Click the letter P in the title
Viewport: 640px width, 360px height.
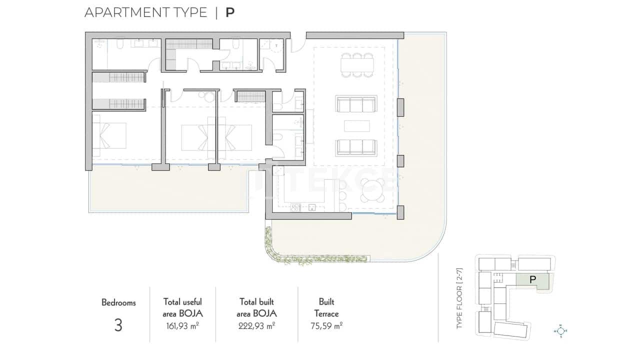(x=229, y=12)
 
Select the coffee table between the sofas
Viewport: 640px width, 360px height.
(x=357, y=125)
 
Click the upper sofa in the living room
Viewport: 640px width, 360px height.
(x=356, y=105)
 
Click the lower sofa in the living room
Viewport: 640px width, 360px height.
(x=356, y=146)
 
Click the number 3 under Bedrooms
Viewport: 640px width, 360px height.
(x=118, y=325)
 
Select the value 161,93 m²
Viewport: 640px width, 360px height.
(x=182, y=326)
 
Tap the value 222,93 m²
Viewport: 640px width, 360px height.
(x=256, y=326)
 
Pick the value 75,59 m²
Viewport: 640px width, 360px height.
(x=326, y=326)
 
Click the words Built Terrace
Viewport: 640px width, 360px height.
(x=326, y=308)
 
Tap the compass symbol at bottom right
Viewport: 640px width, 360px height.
(x=561, y=330)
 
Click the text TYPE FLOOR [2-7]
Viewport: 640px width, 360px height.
(x=460, y=298)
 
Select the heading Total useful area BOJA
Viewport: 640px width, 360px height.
(x=182, y=307)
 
